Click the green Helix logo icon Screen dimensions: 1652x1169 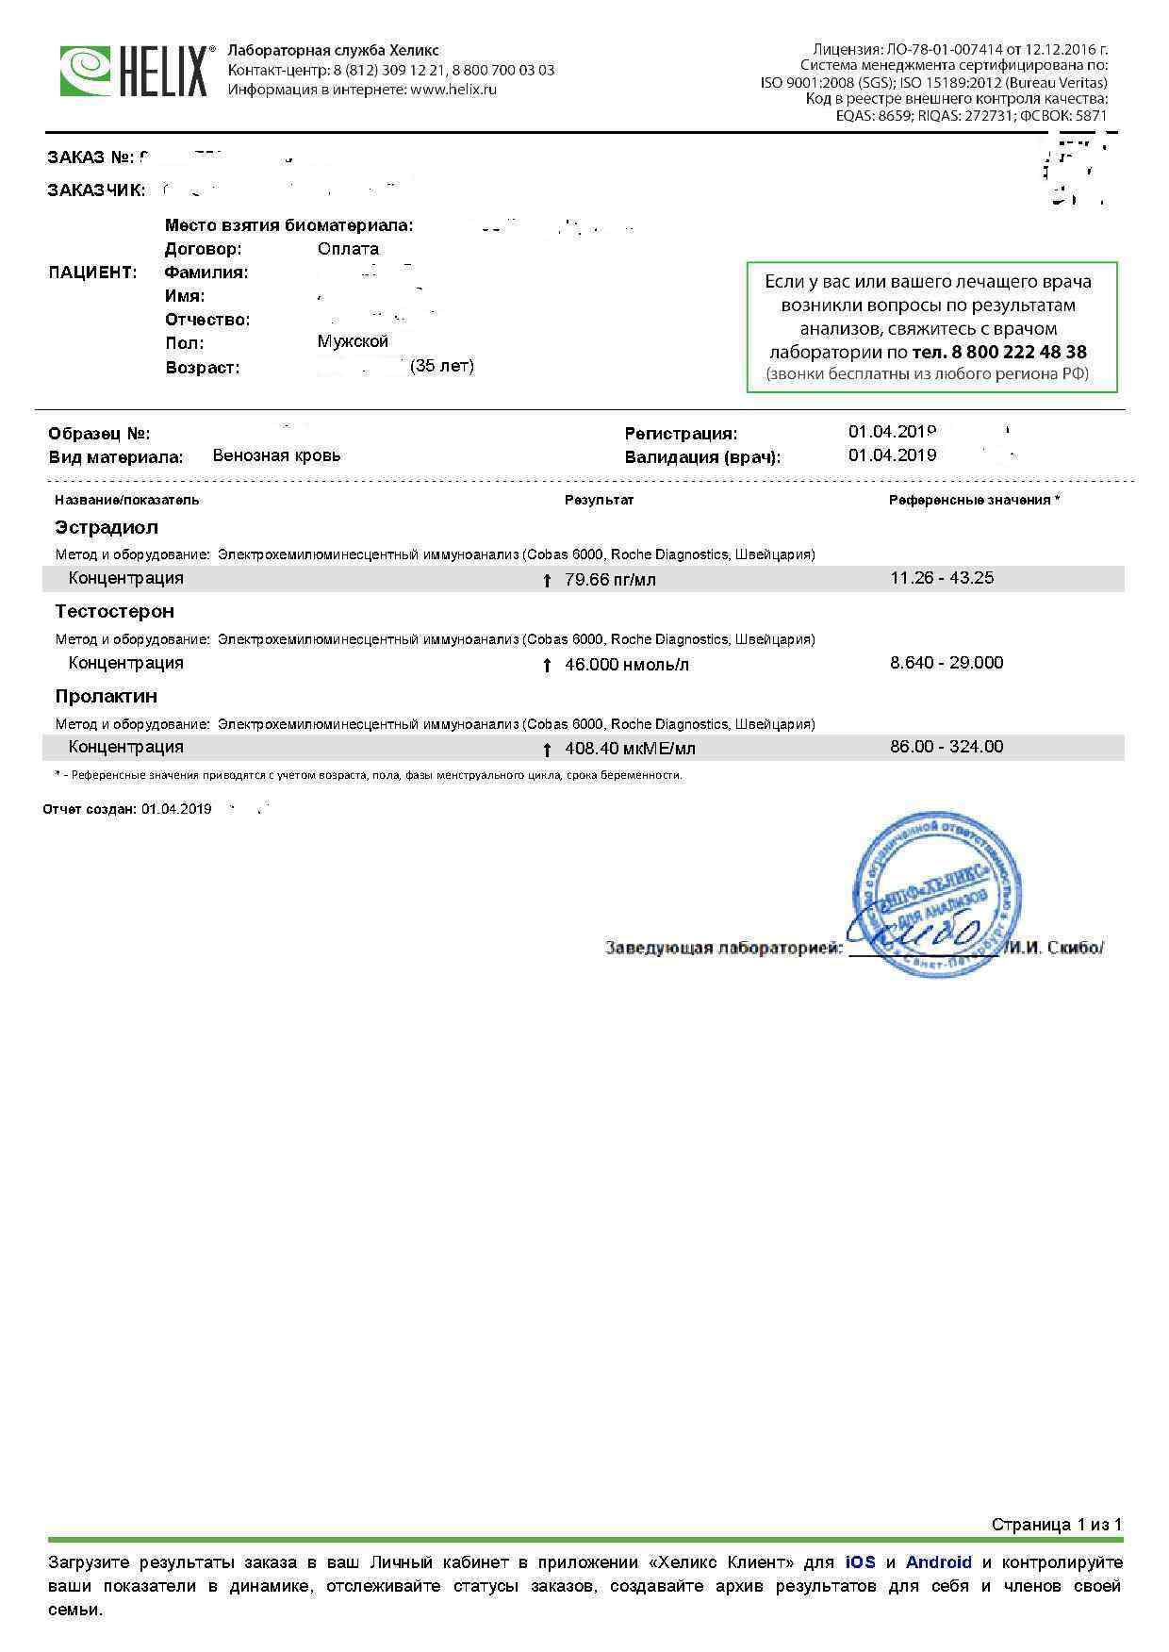click(87, 71)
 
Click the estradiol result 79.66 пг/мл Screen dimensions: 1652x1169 click(610, 580)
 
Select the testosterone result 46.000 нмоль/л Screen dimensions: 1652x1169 click(626, 665)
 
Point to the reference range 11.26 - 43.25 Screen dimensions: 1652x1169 click(941, 578)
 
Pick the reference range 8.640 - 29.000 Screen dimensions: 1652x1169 click(946, 663)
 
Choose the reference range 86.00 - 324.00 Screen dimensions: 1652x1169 click(946, 747)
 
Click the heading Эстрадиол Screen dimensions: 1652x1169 click(107, 527)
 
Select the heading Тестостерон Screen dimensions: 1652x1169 click(114, 611)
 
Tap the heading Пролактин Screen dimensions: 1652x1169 click(106, 696)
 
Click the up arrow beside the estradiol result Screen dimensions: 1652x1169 click(547, 581)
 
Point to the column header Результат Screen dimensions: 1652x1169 click(599, 500)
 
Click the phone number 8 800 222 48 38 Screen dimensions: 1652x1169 click(1019, 353)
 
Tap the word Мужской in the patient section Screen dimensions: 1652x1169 click(353, 341)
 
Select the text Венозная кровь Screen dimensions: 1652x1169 click(276, 455)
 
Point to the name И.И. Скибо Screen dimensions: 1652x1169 click(1054, 949)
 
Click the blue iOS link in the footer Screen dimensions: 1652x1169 click(860, 1562)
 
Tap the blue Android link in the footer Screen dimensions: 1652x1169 click(938, 1562)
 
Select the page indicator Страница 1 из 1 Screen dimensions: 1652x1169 click(1056, 1525)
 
